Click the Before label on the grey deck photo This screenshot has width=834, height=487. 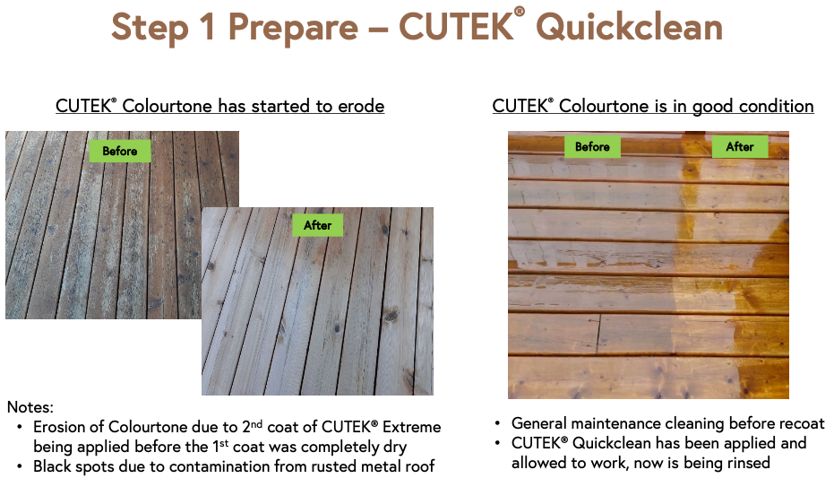(119, 151)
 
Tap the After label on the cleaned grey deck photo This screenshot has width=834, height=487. (317, 225)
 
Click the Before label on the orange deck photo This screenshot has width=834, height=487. (592, 147)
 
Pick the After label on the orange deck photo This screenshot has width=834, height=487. (740, 147)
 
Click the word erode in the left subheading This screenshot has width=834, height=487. (360, 106)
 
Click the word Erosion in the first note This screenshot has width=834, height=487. (61, 427)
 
